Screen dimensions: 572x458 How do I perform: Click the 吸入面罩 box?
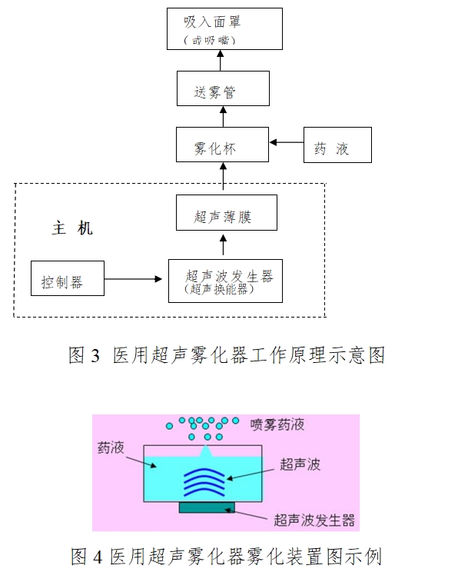click(x=224, y=29)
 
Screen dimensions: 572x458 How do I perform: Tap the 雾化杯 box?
click(x=223, y=144)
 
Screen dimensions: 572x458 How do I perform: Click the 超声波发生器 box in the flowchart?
click(x=224, y=281)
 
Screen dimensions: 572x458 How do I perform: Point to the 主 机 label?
click(x=72, y=228)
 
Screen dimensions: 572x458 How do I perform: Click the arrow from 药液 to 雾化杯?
click(x=287, y=143)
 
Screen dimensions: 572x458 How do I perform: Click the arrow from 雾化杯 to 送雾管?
click(x=223, y=116)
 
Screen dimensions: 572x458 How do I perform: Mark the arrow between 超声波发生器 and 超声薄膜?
click(x=223, y=246)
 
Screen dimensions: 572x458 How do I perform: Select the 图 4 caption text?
click(x=226, y=555)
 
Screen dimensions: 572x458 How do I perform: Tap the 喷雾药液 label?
click(x=277, y=424)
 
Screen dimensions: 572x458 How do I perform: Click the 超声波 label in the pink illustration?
click(x=300, y=464)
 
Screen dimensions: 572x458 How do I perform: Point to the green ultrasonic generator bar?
click(x=206, y=507)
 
